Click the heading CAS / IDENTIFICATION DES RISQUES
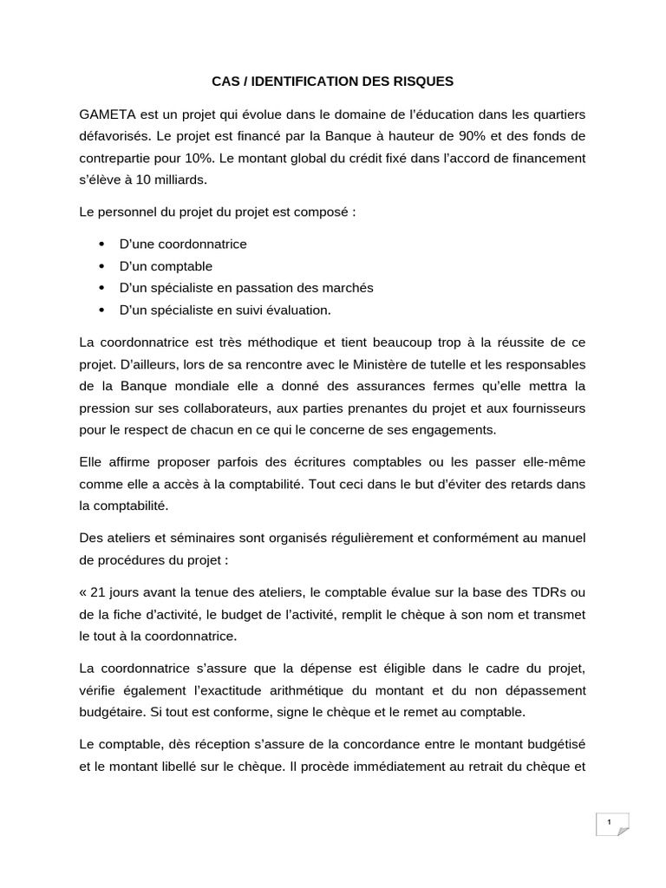pos(333,82)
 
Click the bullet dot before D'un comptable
pos(102,266)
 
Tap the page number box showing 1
pos(610,822)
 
